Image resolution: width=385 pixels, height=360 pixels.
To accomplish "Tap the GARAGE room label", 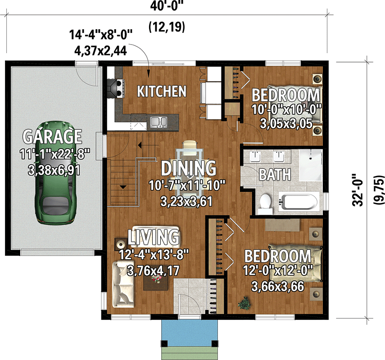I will click(53, 136).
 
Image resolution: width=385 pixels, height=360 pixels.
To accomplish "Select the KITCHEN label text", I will click(161, 91).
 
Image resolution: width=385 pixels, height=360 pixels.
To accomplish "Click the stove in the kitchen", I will click(115, 87).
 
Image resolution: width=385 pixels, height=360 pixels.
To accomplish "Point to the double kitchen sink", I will click(158, 121).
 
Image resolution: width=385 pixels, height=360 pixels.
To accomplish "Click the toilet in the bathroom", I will click(266, 202).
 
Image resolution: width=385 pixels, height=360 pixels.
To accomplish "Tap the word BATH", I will click(274, 174).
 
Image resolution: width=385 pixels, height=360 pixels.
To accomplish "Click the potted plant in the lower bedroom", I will click(245, 303).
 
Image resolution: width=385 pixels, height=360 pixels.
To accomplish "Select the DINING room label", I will click(188, 168).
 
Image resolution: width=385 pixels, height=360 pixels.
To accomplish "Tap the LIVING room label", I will click(153, 237).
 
